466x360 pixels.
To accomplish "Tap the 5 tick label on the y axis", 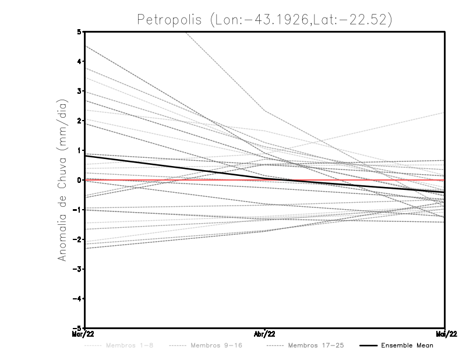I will tap(79, 31).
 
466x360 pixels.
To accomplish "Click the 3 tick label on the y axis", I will tap(79, 91).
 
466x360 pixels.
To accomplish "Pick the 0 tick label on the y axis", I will tap(79, 180).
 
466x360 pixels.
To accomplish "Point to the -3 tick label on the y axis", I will tap(77, 269).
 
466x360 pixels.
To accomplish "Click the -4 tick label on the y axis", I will tap(77, 299).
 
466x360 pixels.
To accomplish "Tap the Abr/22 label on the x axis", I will tap(265, 333).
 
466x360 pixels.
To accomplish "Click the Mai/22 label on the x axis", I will tap(445, 333).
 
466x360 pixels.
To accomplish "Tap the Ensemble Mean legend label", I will tap(407, 345).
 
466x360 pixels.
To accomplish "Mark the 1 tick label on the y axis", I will tap(79, 150).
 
